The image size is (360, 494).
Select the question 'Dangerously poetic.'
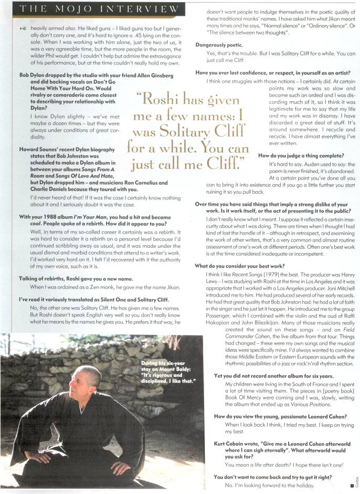[218, 45]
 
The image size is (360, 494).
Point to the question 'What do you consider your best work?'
[239, 266]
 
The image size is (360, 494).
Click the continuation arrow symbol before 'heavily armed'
[22, 25]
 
